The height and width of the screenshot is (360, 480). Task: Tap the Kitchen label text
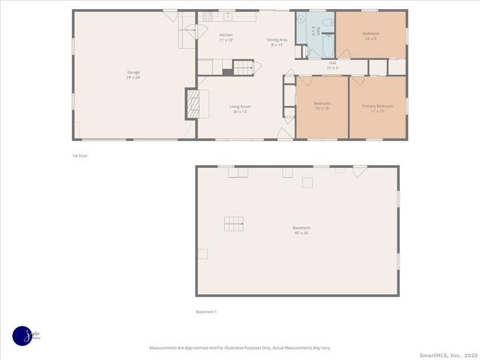click(x=226, y=37)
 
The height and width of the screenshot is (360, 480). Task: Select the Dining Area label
click(x=277, y=42)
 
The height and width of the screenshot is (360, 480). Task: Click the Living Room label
click(x=240, y=109)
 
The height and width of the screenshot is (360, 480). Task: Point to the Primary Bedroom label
click(x=377, y=108)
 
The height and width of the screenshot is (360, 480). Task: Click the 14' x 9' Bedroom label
click(x=370, y=35)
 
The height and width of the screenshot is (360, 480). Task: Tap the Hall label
click(x=332, y=65)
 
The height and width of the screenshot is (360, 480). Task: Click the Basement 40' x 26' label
click(x=301, y=230)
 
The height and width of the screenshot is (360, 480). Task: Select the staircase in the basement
click(x=234, y=223)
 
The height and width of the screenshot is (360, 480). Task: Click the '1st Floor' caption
click(x=79, y=155)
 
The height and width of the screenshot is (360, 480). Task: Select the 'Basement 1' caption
click(x=205, y=312)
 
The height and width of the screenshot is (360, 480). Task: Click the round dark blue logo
click(x=22, y=336)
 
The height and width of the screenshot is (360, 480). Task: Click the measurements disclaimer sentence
click(x=240, y=347)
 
